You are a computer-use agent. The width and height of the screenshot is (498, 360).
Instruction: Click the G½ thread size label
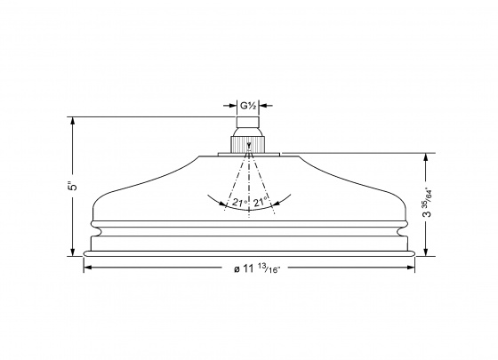coord(250,106)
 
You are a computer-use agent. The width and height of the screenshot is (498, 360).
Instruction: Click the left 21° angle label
coord(237,203)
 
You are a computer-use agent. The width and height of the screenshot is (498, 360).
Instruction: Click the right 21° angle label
coord(261,203)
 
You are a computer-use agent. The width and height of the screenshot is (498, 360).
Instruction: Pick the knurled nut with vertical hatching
coord(250,144)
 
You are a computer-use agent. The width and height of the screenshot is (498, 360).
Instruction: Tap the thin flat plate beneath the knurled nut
coord(250,156)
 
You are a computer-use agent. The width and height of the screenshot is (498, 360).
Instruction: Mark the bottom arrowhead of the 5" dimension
coord(74,252)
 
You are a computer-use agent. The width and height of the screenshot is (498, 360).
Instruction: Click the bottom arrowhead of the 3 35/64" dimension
coord(429,252)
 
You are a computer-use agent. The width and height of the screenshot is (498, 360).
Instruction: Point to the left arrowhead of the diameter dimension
coord(87,269)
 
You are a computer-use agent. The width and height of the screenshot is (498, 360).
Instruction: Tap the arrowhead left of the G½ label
coord(235,106)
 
